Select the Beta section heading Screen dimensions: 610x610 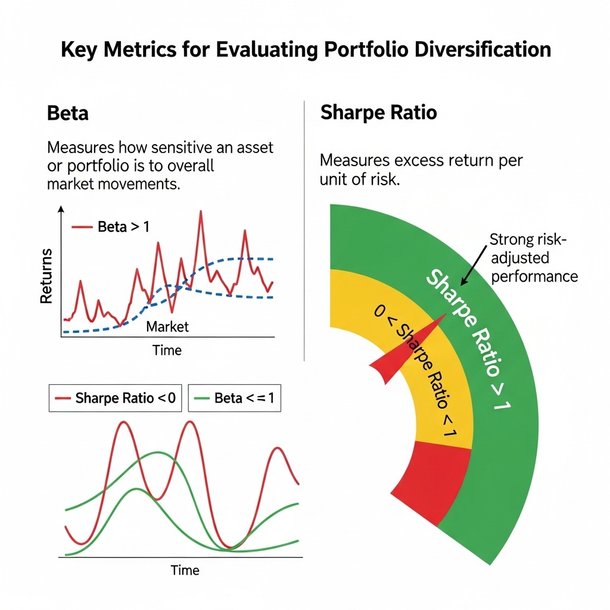[67, 113]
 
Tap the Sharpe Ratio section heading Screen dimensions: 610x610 [378, 113]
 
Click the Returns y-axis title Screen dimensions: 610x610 [46, 276]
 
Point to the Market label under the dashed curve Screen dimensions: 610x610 [167, 326]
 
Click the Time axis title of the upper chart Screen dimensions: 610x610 [167, 350]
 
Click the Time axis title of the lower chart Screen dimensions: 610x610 [185, 570]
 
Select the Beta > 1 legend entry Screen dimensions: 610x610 [110, 227]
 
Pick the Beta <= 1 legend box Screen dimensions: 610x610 [234, 398]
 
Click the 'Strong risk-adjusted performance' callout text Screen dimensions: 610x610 [532, 258]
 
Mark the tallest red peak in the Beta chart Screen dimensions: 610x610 [201, 212]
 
